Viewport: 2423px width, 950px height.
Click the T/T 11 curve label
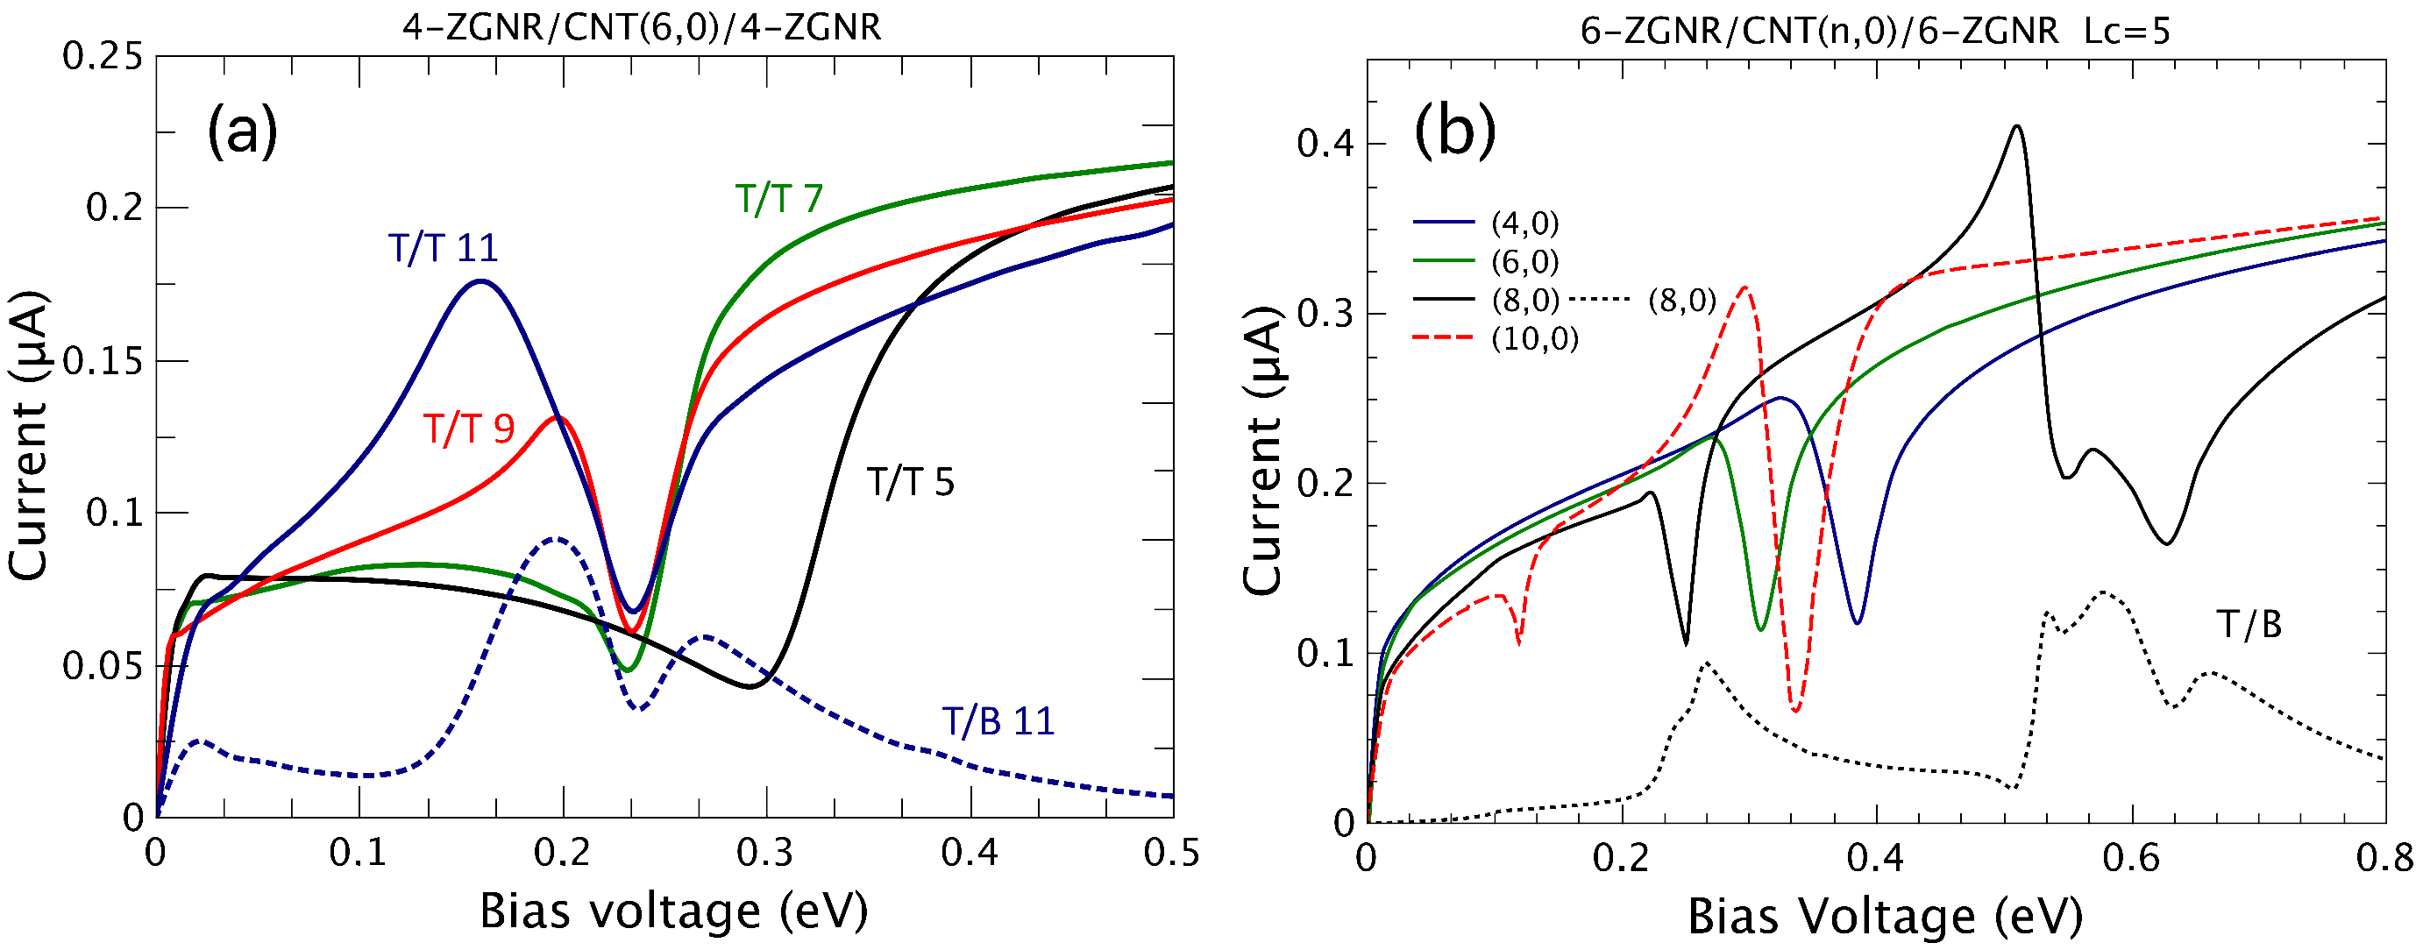pyautogui.click(x=443, y=248)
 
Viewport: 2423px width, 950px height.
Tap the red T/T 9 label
pyautogui.click(x=468, y=429)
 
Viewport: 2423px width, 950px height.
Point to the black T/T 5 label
pyautogui.click(x=910, y=483)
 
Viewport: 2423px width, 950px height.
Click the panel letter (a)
pyautogui.click(x=243, y=131)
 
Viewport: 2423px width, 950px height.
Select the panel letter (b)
pyautogui.click(x=1454, y=132)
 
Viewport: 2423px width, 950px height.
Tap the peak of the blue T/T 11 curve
pyautogui.click(x=481, y=280)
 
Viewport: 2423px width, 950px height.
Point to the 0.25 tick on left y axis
pyautogui.click(x=102, y=56)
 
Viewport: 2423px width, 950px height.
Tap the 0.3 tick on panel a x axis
pyautogui.click(x=764, y=853)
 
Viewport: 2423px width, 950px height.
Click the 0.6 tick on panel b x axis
pyautogui.click(x=2131, y=859)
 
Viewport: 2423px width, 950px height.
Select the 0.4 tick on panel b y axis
pyautogui.click(x=1325, y=144)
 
